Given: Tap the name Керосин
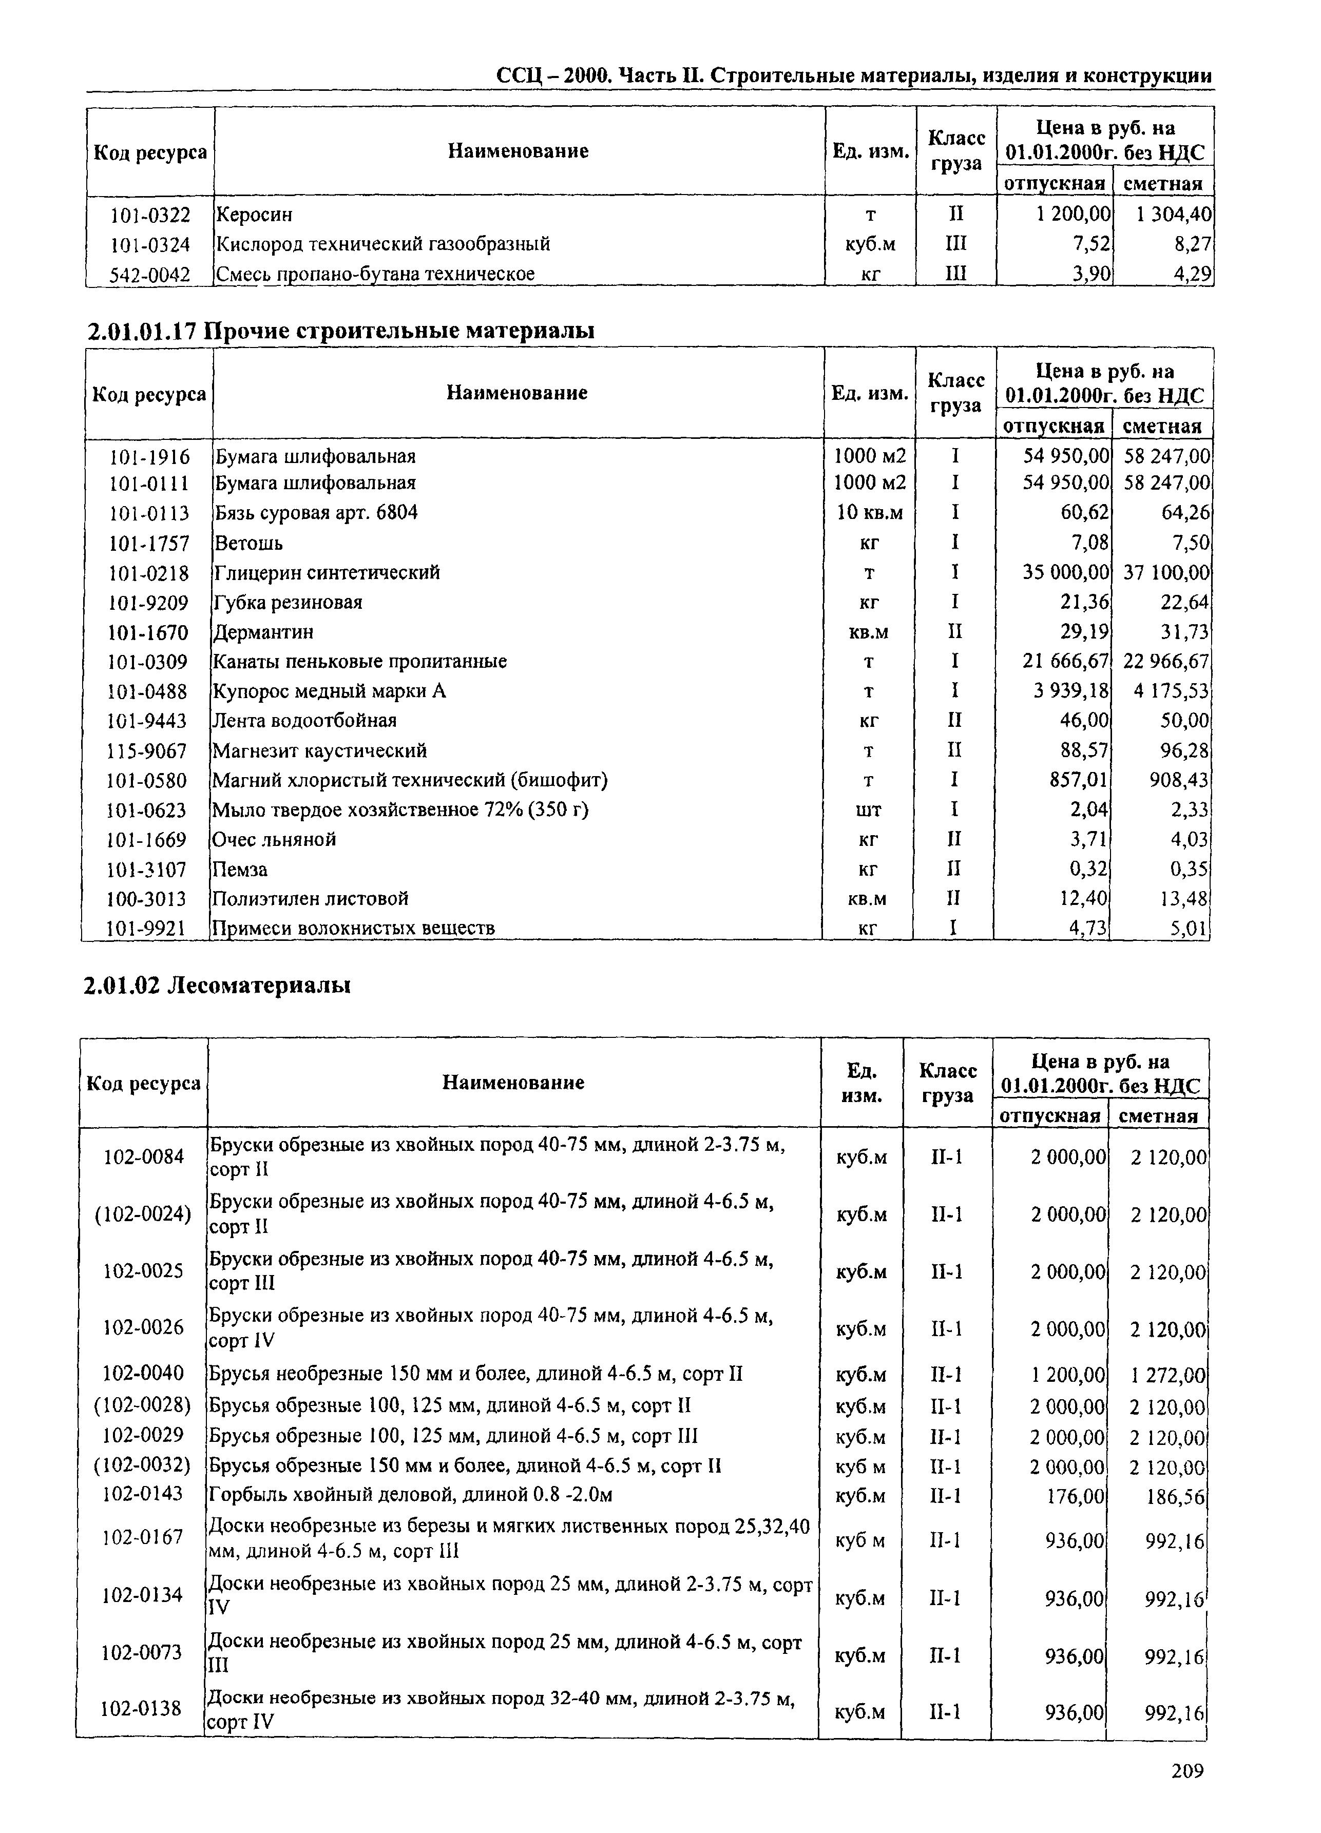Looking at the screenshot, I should [x=254, y=215].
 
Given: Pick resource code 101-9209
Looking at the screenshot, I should [x=148, y=602].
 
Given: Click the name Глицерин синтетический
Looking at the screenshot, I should [x=327, y=572].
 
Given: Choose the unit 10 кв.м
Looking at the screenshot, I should [x=869, y=512].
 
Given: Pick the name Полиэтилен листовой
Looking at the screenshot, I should [x=310, y=899].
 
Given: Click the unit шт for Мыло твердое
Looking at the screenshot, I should [x=868, y=810].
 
